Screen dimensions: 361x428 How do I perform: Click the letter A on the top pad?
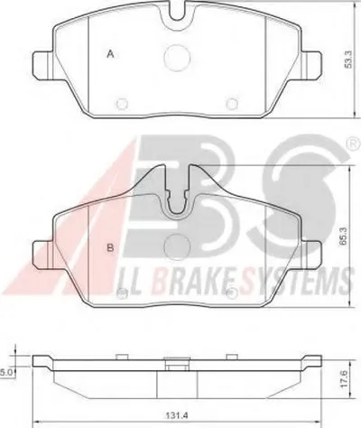[111, 54]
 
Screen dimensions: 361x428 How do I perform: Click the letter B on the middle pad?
[110, 248]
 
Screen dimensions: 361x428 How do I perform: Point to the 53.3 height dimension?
[348, 60]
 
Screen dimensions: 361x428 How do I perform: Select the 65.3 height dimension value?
[345, 237]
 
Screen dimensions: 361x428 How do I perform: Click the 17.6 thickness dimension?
[345, 378]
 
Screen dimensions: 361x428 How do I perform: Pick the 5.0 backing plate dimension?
[6, 373]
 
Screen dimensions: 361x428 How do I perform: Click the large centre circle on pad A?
[177, 58]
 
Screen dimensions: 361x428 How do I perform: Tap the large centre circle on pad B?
[177, 247]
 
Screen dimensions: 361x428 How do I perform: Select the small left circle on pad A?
[122, 104]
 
